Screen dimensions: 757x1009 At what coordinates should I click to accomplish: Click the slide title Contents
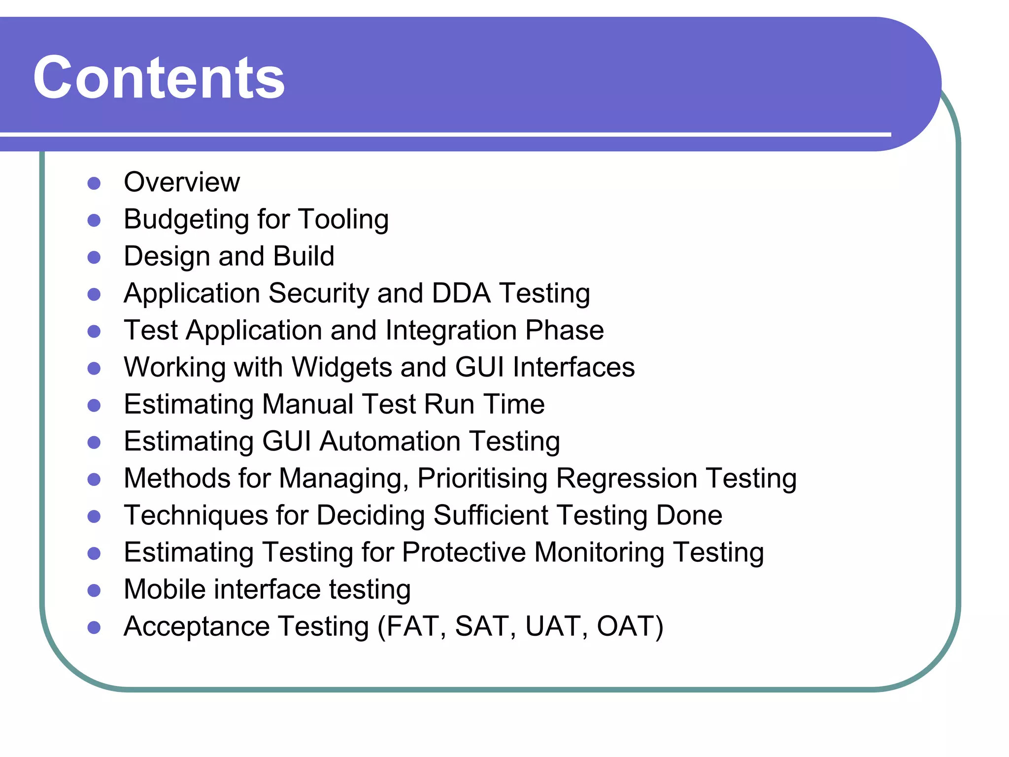tap(159, 78)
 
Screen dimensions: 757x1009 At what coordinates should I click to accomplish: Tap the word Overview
tap(182, 182)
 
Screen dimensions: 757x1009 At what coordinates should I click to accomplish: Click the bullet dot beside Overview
tap(94, 184)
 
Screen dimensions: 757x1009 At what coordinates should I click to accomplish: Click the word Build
tap(303, 256)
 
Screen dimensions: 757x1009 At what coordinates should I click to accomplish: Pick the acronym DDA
tap(461, 293)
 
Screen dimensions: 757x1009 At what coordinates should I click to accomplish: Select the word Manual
tap(308, 405)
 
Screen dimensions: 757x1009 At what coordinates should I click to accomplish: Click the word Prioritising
tap(482, 479)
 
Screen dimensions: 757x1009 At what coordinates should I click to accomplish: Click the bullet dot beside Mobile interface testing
tap(94, 590)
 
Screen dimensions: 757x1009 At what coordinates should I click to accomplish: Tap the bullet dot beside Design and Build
tap(94, 258)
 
